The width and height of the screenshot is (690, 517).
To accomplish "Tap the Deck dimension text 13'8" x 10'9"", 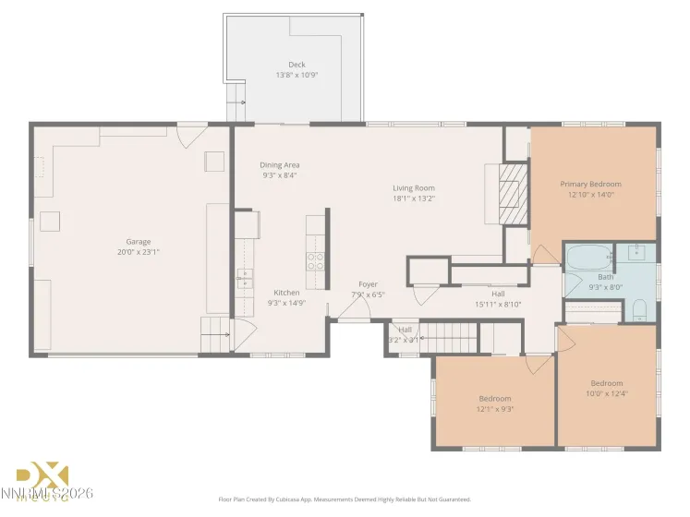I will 297,75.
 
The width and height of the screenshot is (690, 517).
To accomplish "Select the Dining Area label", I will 279,165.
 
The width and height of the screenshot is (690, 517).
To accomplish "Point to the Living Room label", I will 413,188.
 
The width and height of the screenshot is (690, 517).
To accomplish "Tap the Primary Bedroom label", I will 590,184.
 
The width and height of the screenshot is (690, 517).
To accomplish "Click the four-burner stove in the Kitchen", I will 315,260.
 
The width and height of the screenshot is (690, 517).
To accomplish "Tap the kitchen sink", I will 245,277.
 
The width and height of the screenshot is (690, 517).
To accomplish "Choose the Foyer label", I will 368,284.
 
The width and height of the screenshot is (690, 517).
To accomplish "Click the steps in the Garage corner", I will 215,331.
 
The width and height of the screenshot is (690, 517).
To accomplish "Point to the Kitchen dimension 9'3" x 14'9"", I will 285,303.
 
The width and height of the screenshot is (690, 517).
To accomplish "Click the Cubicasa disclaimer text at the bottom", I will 345,499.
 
